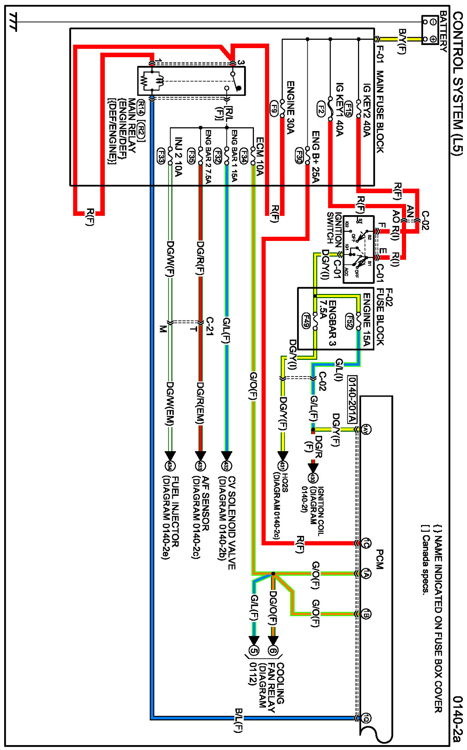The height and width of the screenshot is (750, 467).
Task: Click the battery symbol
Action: [x=430, y=30]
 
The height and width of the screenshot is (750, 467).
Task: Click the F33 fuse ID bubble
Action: [x=161, y=155]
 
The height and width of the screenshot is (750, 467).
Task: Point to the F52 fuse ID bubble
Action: [x=349, y=321]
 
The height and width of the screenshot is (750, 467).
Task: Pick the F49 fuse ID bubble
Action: [x=306, y=320]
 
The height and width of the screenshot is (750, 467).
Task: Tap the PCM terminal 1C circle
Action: [x=366, y=543]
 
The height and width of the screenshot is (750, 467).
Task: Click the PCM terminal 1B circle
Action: [x=366, y=614]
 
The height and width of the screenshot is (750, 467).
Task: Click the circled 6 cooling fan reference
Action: [x=273, y=651]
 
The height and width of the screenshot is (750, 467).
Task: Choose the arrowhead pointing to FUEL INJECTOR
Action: [x=170, y=456]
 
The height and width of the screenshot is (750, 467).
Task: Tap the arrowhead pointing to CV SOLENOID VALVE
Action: [x=226, y=456]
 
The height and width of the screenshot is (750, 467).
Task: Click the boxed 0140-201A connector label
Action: [x=352, y=400]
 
